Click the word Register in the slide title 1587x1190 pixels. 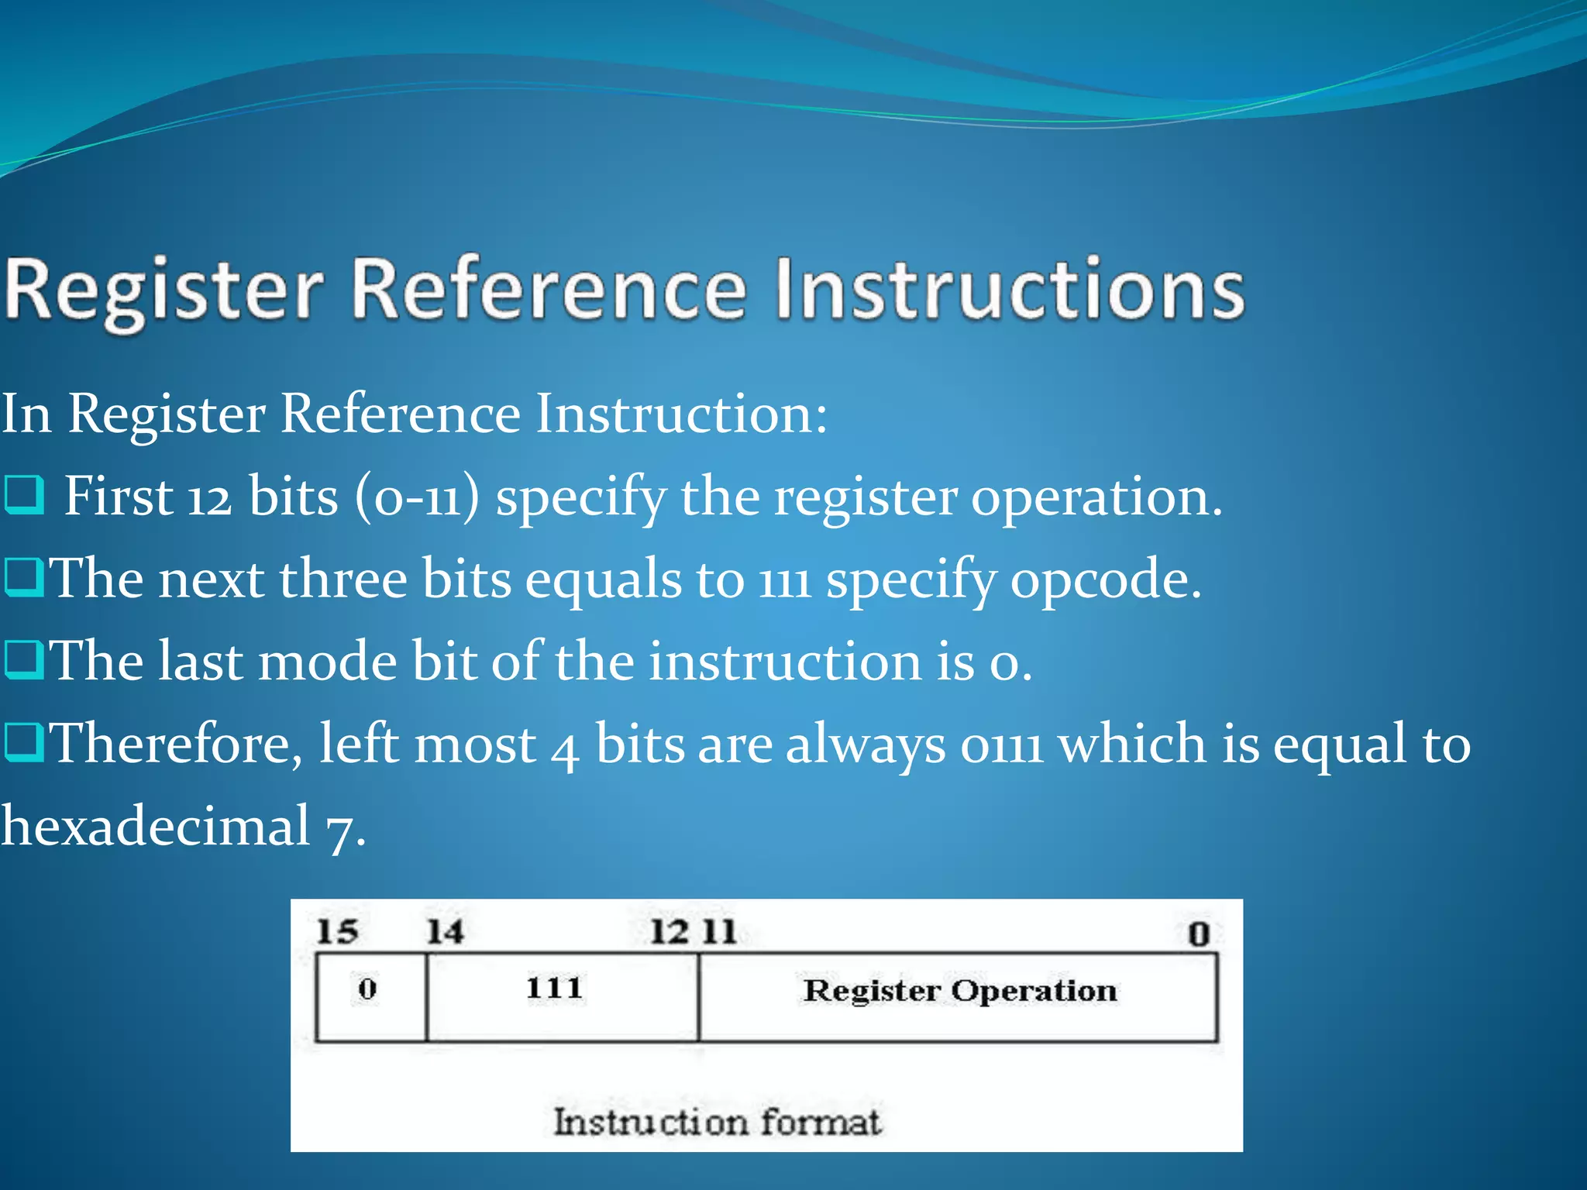point(164,291)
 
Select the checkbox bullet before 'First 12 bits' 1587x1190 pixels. point(24,496)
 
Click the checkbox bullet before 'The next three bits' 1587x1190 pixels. point(23,578)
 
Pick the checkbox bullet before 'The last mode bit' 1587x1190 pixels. point(23,660)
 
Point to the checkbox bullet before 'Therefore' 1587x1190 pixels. point(23,742)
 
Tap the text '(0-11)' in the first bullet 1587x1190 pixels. point(417,497)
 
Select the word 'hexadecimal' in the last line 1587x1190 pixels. point(155,826)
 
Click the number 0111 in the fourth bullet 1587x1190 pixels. point(1001,745)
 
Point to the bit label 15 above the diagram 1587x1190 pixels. point(337,931)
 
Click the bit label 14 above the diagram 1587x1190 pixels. point(446,931)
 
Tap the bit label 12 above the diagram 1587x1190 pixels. point(669,931)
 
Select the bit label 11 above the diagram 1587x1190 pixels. point(719,931)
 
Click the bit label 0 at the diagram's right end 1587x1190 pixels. point(1198,934)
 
